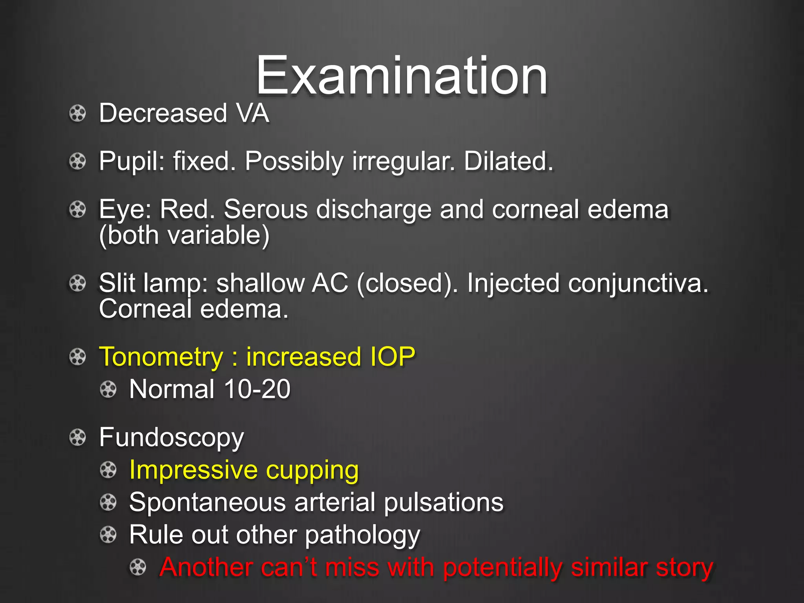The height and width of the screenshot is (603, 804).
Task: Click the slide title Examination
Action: [401, 75]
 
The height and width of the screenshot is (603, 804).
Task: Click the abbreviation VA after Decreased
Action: [252, 113]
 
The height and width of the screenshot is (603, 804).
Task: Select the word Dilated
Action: [508, 161]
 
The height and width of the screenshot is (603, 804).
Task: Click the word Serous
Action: [266, 209]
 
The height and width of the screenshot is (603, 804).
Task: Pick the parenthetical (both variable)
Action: [184, 235]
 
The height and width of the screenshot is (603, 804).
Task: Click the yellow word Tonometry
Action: [161, 357]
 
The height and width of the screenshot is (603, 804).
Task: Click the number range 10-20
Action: [257, 389]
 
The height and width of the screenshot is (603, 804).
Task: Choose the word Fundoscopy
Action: [172, 438]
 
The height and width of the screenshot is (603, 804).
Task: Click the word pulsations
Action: [444, 502]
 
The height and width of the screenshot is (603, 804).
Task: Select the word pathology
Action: [362, 535]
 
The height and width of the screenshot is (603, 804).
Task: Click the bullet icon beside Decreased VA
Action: [77, 114]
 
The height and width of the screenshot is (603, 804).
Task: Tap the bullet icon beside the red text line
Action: [138, 567]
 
